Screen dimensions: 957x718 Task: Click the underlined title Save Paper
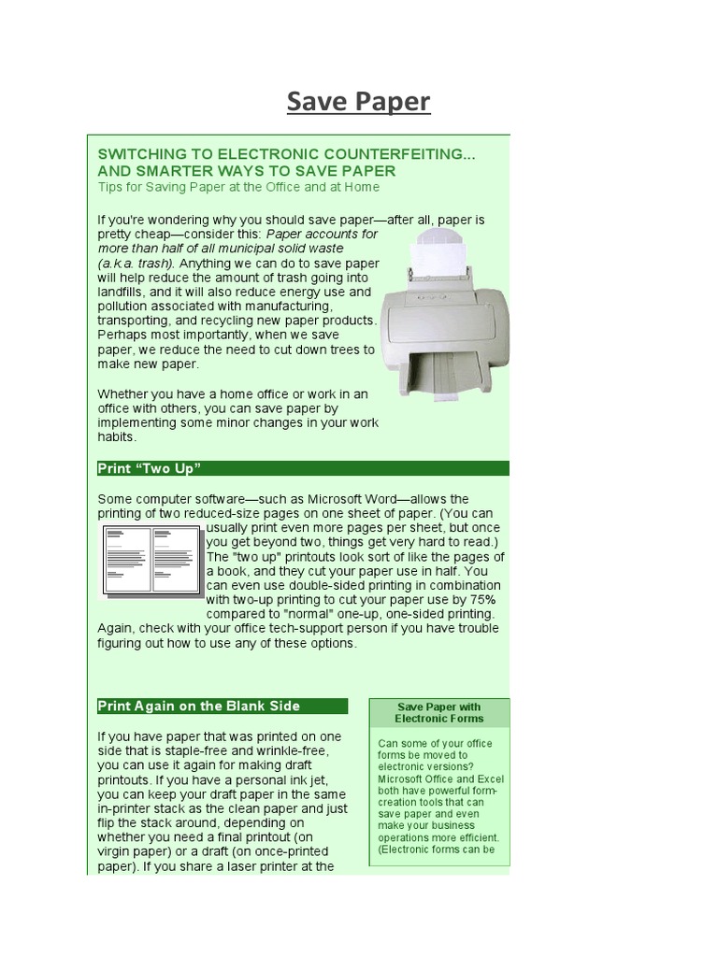358,101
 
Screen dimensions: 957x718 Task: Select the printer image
444,308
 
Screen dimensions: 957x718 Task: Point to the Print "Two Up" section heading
150,467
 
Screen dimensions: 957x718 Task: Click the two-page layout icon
151,560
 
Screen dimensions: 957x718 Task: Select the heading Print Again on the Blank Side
199,706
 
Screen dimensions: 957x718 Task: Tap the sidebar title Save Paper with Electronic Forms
438,713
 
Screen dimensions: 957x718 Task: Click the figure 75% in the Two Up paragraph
478,598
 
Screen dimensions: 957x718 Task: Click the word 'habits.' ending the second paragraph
117,436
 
